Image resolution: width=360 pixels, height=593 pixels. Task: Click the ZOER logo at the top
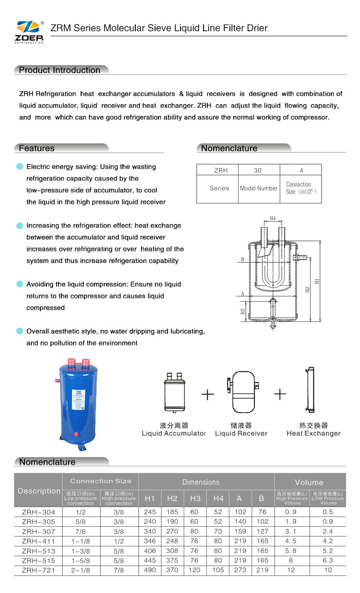30,32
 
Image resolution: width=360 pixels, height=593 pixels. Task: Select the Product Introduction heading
60,70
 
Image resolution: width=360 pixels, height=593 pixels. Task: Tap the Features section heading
36,148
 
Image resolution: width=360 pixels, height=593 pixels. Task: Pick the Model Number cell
259,188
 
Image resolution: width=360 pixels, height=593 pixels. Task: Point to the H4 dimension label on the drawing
273,218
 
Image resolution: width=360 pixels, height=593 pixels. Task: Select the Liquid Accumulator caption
174,433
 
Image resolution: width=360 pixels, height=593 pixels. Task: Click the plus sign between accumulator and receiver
207,394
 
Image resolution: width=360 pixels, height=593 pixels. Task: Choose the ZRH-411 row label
38,541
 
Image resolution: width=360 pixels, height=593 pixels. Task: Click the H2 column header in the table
172,499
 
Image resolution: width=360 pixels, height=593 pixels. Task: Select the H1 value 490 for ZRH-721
150,570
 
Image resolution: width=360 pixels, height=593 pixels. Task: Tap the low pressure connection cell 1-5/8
81,560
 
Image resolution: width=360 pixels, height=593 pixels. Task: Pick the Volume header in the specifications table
309,482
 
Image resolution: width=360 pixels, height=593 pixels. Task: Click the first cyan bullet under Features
20,166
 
